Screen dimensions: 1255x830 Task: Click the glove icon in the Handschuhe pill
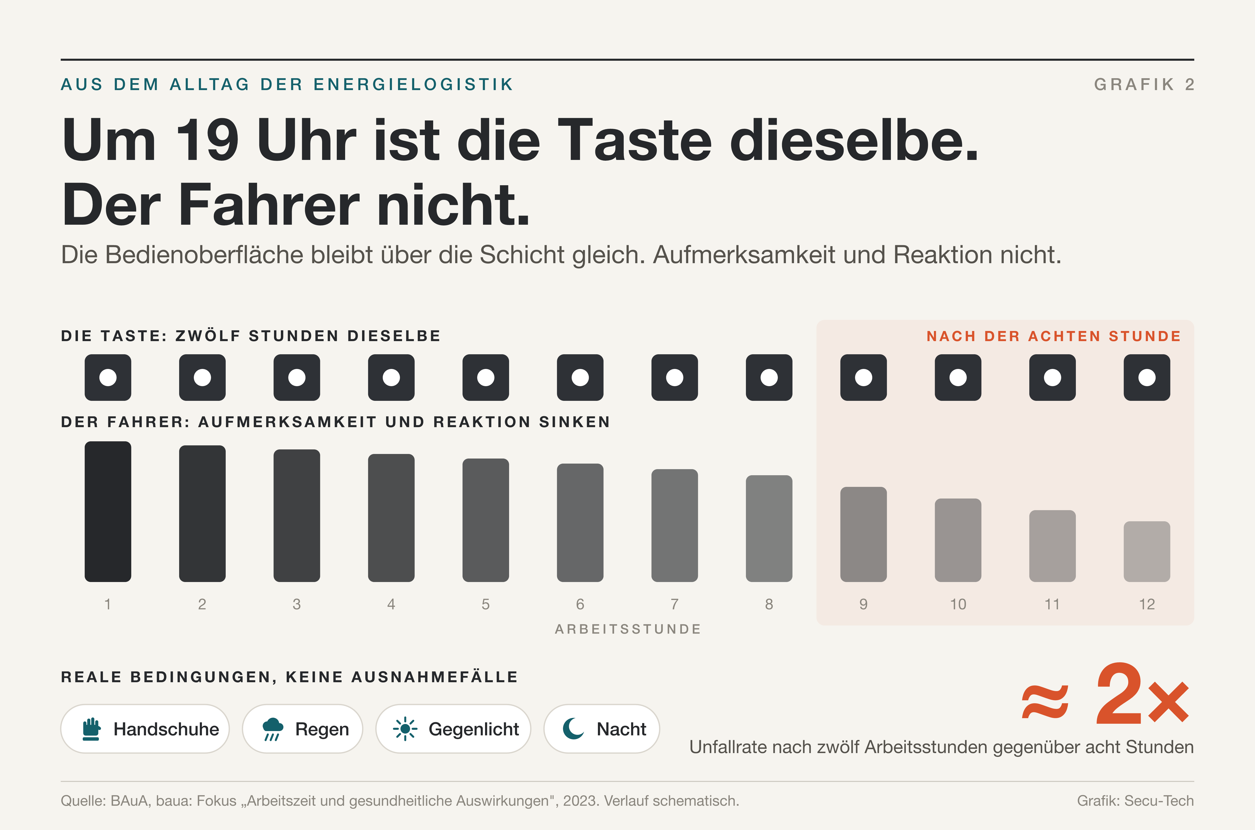point(91,729)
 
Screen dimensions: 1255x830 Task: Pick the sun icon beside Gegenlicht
point(405,729)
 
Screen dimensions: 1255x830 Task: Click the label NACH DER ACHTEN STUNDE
point(1053,336)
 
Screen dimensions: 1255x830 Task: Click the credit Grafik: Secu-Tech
point(1135,800)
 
